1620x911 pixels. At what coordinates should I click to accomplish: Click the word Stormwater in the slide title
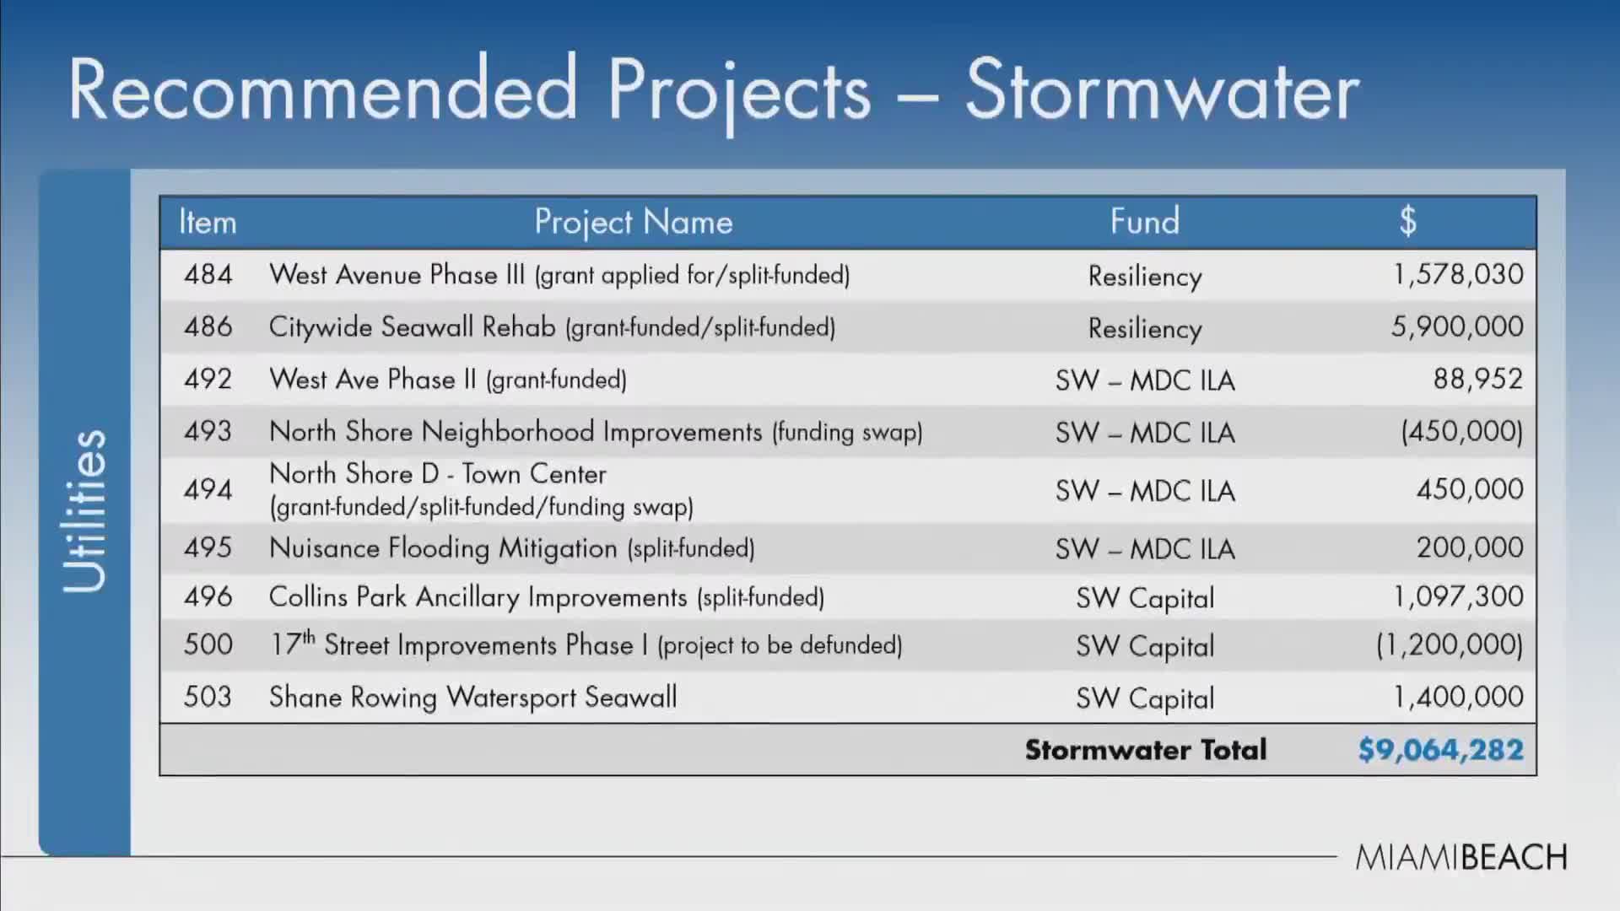[x=1162, y=91]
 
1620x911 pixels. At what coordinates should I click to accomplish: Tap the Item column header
[x=208, y=222]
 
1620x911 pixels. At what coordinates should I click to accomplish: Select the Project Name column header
[x=633, y=222]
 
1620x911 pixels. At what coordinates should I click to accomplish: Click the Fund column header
[x=1144, y=222]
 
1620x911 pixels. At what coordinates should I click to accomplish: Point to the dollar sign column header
[x=1407, y=221]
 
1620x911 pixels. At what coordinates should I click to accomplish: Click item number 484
[x=208, y=274]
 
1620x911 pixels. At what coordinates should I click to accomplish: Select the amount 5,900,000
[x=1457, y=326]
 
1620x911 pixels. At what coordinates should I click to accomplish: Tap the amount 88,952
[x=1477, y=379]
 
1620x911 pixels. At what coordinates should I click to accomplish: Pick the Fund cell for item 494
[x=1144, y=491]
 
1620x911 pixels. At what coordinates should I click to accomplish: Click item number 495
[x=208, y=547]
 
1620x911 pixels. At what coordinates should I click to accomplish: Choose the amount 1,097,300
[x=1458, y=596]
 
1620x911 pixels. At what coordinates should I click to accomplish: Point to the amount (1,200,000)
[x=1449, y=645]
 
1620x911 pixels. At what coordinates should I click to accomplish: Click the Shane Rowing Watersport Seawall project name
[x=472, y=697]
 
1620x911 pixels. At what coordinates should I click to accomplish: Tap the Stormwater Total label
[x=1145, y=750]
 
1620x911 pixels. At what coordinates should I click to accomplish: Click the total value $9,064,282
[x=1440, y=750]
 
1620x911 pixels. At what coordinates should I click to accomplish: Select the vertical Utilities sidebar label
[x=84, y=511]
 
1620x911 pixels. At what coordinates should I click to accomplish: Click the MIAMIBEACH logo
[x=1461, y=857]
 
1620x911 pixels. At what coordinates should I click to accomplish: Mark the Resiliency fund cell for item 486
[x=1144, y=328]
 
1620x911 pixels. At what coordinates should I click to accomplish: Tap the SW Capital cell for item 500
[x=1144, y=646]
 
